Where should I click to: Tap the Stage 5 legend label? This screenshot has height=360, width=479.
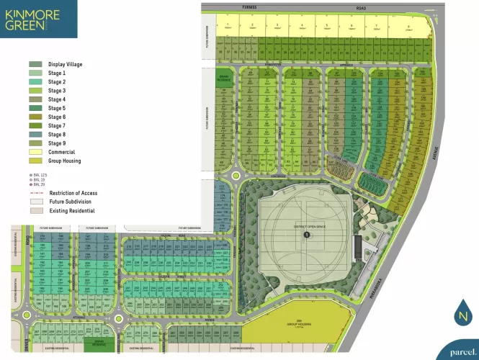pos(57,108)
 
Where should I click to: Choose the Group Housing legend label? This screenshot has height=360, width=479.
pos(65,161)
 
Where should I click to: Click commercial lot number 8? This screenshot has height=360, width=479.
pos(408,27)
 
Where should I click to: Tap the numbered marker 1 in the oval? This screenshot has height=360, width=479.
pos(307,235)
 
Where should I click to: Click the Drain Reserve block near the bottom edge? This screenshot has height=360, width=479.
pos(100,344)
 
